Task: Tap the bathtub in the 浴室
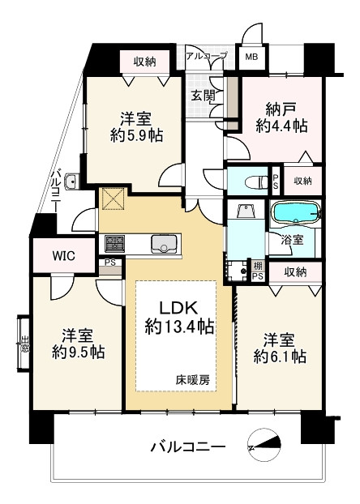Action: click(296, 212)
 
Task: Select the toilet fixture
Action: click(256, 182)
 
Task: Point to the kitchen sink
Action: click(164, 244)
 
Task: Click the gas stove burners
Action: click(114, 244)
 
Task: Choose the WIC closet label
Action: click(64, 256)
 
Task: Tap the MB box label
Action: click(251, 58)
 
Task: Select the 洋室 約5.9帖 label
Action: click(136, 127)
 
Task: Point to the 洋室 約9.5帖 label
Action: click(78, 344)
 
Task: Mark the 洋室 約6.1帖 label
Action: click(280, 348)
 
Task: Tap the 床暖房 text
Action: click(193, 380)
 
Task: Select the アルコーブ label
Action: click(206, 55)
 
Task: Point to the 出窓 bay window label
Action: click(24, 344)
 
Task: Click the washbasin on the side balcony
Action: click(72, 182)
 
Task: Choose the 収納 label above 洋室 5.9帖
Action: click(145, 62)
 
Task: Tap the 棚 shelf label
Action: click(258, 266)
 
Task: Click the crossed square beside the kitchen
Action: click(113, 199)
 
